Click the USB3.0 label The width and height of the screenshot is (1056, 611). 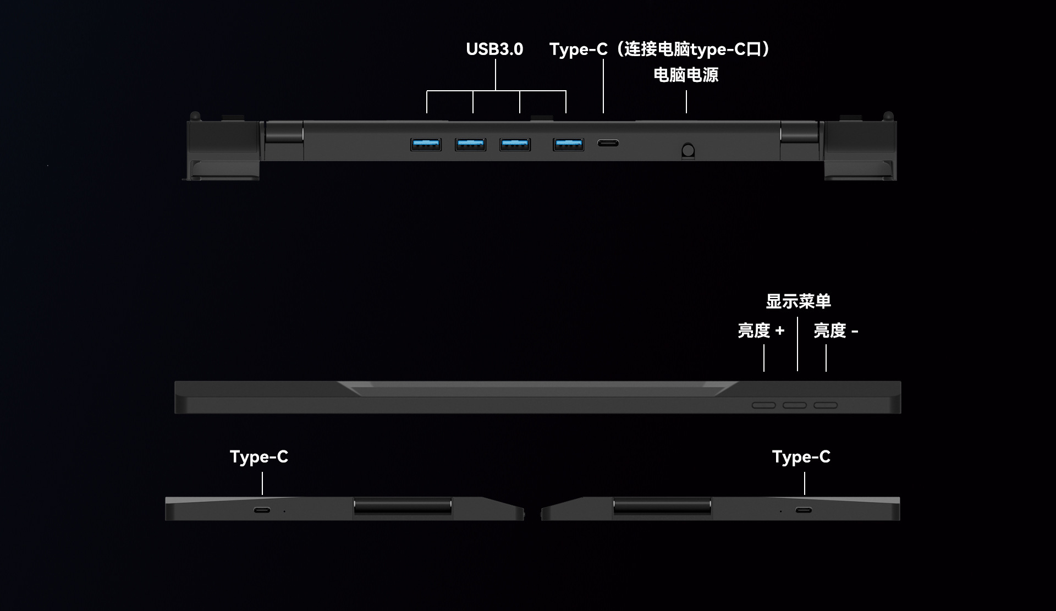pos(494,49)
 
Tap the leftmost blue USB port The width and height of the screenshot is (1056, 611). pos(426,145)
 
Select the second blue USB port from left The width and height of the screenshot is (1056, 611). pos(470,145)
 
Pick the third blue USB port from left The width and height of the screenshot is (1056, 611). pos(515,145)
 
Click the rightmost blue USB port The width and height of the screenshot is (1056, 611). pos(568,145)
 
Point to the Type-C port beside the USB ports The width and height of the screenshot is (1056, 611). pos(608,144)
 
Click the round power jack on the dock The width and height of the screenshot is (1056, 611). pos(688,150)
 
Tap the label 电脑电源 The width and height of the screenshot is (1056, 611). pos(686,75)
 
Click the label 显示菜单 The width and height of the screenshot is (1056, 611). pos(798,301)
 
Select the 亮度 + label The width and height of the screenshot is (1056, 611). pos(761,331)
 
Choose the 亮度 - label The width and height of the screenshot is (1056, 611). pos(835,331)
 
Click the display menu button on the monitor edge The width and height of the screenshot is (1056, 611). pos(795,405)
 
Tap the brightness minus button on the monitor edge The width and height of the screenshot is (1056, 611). pos(826,405)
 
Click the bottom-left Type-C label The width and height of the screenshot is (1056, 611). pos(259,456)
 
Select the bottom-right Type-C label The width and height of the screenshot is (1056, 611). pos(801,456)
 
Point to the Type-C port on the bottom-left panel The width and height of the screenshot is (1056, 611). pos(262,510)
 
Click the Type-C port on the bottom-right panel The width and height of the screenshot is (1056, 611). pos(804,510)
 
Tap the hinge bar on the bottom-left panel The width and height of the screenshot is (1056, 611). pos(403,507)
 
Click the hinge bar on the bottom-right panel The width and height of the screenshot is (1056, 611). pos(662,507)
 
